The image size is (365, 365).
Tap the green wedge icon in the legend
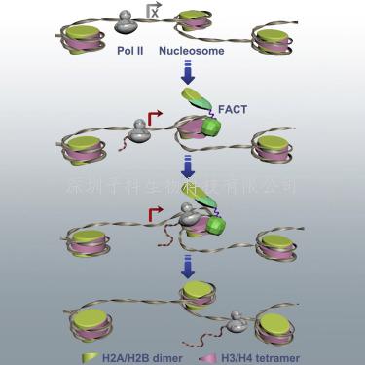click(x=86, y=357)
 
